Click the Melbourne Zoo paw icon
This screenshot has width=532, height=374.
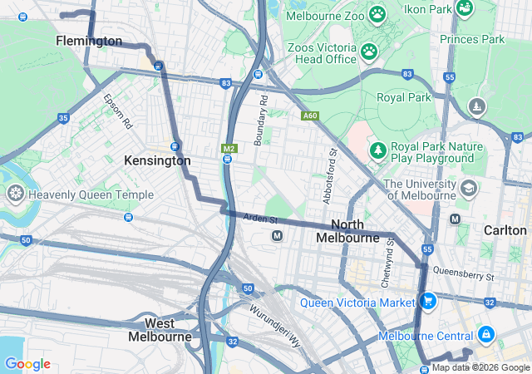tap(377, 14)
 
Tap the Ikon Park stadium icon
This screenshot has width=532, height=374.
tap(465, 8)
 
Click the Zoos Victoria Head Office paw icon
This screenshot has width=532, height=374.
tap(369, 52)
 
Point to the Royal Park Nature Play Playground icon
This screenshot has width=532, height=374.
tap(378, 150)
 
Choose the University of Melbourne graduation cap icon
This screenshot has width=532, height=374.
tap(468, 189)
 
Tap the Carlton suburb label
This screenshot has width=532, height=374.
tap(506, 229)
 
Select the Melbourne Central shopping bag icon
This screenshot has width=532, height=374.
tap(486, 335)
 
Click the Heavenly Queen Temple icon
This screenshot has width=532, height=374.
tap(15, 194)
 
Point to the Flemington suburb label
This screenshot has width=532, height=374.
tap(89, 41)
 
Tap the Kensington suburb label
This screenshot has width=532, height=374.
tap(157, 160)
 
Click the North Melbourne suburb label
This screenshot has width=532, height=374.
tap(347, 231)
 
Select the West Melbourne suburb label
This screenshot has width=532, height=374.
tap(160, 330)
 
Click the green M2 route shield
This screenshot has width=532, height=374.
tap(228, 148)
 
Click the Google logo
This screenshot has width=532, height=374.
tap(27, 364)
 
